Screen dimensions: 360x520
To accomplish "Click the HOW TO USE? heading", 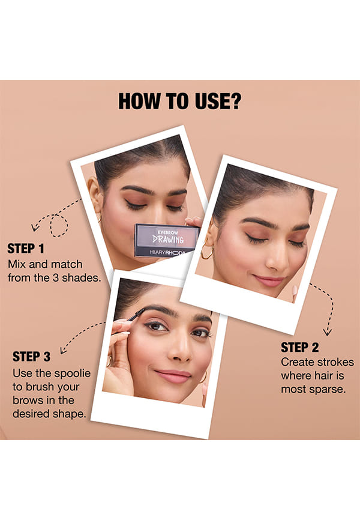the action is [180, 101].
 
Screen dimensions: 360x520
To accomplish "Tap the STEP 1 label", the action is [26, 249].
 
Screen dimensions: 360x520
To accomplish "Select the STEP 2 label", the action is [299, 348].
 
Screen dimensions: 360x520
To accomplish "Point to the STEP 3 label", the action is [31, 357].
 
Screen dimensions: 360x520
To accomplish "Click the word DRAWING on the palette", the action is [168, 238].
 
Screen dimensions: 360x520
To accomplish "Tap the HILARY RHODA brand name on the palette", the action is [167, 253].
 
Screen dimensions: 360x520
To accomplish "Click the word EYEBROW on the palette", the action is [168, 232].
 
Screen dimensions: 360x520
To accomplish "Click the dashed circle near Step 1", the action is [59, 226].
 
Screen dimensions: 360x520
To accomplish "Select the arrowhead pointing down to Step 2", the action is [328, 332].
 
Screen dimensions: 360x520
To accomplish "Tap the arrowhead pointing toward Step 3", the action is [64, 350].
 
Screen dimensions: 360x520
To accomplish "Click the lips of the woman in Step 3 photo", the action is [173, 376].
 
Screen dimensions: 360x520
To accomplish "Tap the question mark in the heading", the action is [235, 101].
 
